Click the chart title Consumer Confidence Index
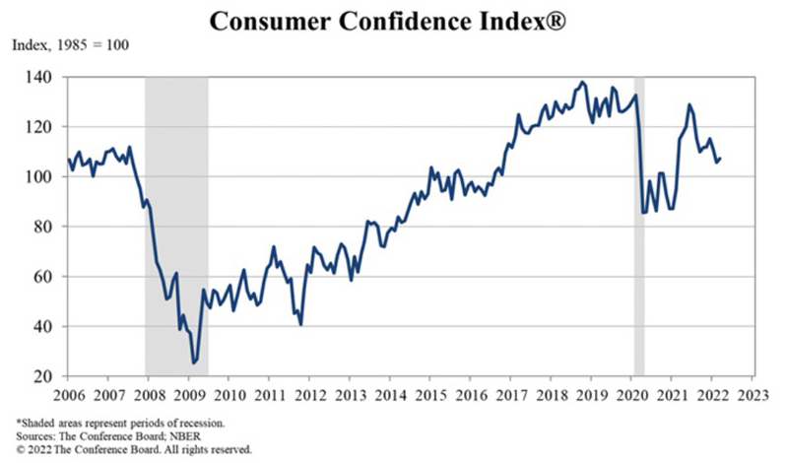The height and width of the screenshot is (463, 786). (392, 20)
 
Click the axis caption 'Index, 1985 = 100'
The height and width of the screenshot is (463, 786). (70, 46)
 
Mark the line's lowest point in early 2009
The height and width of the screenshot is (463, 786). (194, 363)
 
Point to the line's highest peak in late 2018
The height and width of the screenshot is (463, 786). (582, 82)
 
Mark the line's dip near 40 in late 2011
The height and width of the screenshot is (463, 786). (299, 324)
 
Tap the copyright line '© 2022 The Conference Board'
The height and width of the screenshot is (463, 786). (128, 448)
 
